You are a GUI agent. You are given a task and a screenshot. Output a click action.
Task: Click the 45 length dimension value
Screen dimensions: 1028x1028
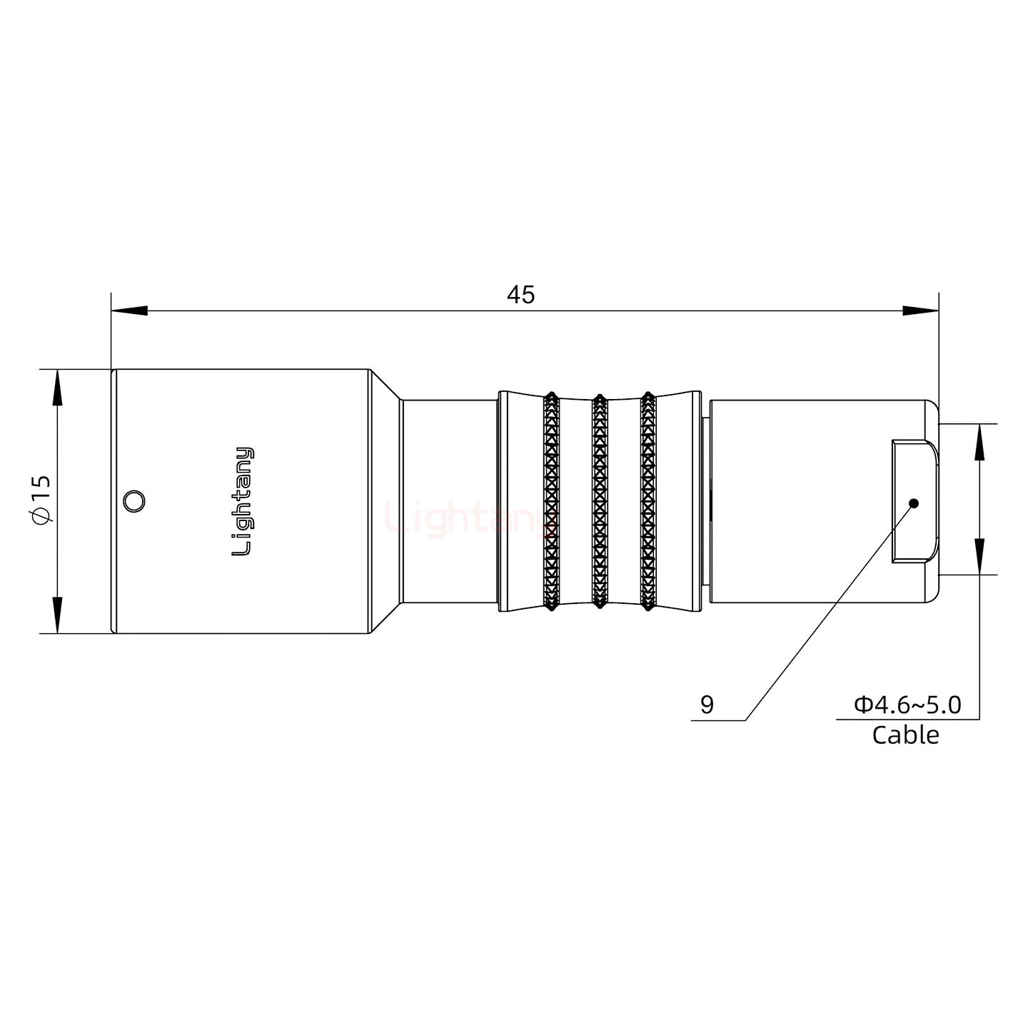point(520,294)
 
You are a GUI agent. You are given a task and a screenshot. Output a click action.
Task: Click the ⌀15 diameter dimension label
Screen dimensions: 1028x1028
point(41,500)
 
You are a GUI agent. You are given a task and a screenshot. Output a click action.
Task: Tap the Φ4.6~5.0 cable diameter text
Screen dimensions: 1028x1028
point(907,705)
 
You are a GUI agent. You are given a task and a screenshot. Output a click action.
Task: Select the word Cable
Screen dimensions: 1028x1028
point(905,735)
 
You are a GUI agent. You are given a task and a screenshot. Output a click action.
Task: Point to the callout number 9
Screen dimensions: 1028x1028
point(707,705)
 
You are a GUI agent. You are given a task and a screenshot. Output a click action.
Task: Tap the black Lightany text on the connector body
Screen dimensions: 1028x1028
point(243,501)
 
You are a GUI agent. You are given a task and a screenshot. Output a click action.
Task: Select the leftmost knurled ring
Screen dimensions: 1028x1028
point(550,501)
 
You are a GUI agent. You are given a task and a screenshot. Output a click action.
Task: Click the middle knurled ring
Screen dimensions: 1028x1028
point(600,501)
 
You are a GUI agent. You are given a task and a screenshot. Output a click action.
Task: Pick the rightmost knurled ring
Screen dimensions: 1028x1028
point(648,501)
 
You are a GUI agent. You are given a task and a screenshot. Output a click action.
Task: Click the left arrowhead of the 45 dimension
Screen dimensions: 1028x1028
point(128,311)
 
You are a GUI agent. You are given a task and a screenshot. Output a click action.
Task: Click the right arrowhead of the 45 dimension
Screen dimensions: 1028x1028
point(921,311)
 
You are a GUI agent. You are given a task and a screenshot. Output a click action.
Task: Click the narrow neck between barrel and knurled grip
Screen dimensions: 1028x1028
point(450,501)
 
